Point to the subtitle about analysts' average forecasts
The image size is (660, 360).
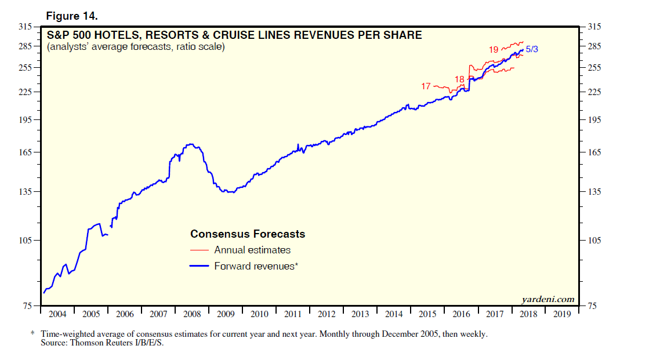(x=136, y=47)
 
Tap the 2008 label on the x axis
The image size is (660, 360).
(x=192, y=314)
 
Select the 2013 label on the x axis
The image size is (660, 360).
(x=360, y=314)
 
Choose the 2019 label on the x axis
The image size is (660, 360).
(x=562, y=314)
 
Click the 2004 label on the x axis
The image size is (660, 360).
(x=57, y=314)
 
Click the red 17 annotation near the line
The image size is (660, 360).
(x=426, y=86)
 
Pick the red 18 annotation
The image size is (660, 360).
(x=459, y=79)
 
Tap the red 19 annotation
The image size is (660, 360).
(x=494, y=50)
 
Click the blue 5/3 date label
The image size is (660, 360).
(x=532, y=50)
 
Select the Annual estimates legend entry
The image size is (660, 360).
(x=252, y=250)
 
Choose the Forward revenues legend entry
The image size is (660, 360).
(x=256, y=266)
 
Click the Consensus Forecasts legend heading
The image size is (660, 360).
(x=248, y=234)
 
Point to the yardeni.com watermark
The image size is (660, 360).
(x=548, y=299)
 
